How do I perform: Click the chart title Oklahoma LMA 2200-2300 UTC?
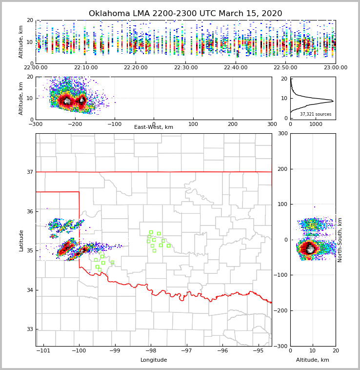[185, 14]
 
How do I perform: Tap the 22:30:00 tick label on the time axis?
[186, 68]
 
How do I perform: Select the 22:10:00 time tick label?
[86, 68]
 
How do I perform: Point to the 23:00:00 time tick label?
[335, 68]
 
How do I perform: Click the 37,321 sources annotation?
[316, 114]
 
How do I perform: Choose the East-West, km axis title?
[154, 127]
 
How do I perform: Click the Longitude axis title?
[154, 360]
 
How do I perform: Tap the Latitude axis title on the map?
[21, 240]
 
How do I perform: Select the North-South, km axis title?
[340, 240]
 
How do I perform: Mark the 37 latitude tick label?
[30, 172]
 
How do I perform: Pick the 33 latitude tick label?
[30, 329]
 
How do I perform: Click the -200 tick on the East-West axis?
[75, 124]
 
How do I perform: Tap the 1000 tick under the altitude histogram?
[316, 124]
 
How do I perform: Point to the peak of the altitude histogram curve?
[333, 101]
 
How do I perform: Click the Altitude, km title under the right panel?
[313, 360]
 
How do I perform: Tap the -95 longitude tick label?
[258, 350]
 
